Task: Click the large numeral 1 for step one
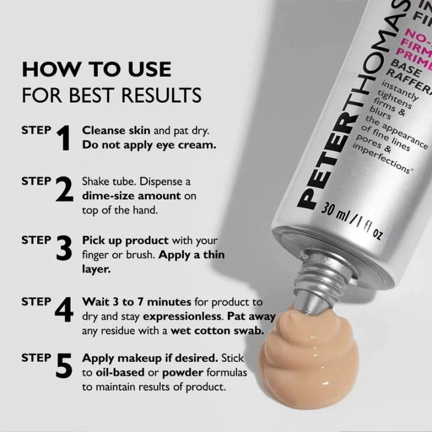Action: [64, 137]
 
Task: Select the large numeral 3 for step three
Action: [64, 248]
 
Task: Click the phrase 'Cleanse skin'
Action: [110, 130]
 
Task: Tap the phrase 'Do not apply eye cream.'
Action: [149, 145]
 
